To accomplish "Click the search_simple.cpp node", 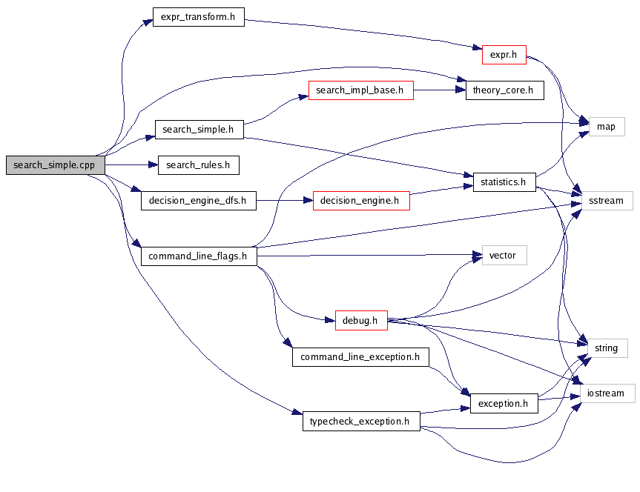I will [55, 165].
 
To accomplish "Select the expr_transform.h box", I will [198, 17].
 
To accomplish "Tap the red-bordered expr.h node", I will [504, 54].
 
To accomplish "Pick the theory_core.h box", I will [504, 91].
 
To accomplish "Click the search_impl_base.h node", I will [360, 91].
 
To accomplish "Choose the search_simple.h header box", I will [199, 129].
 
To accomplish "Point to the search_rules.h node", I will [198, 165].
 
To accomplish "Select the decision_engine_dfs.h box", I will [198, 200].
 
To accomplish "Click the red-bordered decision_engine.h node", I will [361, 200].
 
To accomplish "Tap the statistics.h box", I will [504, 182].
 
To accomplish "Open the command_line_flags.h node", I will [198, 256].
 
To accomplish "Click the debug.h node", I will [361, 321].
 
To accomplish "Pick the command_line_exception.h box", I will [360, 357].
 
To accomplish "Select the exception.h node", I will [504, 404].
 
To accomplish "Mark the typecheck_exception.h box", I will [361, 422].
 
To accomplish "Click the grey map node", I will [606, 127].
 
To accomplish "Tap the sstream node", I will [606, 200].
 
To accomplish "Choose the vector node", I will [504, 256].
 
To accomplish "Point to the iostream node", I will [606, 393].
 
